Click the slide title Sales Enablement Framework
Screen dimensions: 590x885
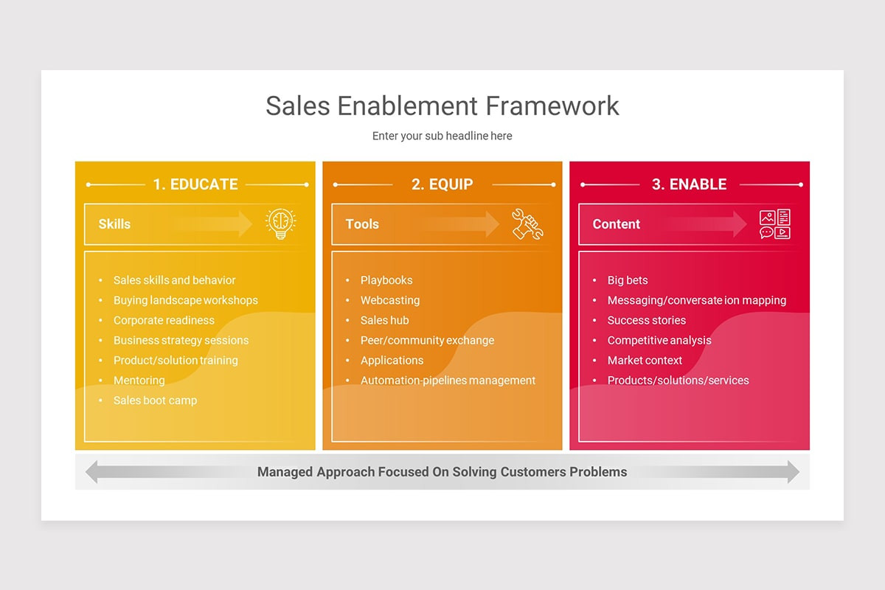coord(442,105)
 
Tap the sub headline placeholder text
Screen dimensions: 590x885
coord(442,136)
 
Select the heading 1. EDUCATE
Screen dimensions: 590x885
coord(195,184)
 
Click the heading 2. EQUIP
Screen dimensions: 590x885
coord(442,184)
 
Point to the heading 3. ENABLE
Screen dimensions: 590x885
coord(689,184)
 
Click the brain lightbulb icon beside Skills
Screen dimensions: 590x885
coord(281,223)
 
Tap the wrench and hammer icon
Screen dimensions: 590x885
coord(527,224)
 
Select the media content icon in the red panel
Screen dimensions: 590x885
coord(775,224)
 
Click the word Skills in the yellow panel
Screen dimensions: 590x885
coord(114,224)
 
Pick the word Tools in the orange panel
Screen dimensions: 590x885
coord(362,224)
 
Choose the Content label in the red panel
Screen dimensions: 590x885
coord(617,224)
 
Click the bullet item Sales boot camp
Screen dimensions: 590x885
coord(155,400)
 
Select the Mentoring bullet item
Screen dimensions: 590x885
coord(139,381)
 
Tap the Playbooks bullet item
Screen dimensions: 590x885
coord(386,280)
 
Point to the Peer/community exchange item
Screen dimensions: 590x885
coord(427,341)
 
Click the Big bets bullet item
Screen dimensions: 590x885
coord(628,280)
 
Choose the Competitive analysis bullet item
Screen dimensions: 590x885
coord(659,341)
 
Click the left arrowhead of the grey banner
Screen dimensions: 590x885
coord(92,472)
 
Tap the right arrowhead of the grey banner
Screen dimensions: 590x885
coord(793,472)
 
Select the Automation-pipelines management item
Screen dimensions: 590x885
coord(448,381)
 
